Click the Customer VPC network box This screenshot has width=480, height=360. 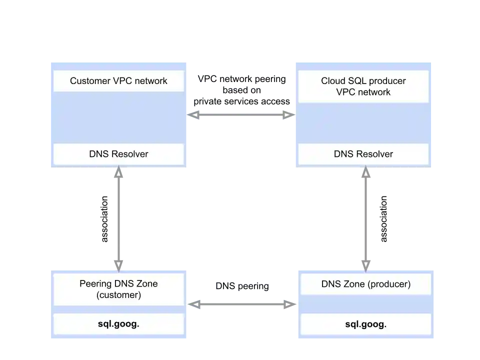coord(118,81)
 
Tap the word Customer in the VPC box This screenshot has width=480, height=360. coord(89,81)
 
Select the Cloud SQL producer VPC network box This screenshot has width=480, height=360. coord(363,86)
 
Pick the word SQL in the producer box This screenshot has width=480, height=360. coord(357,81)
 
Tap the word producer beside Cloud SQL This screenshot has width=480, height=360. coord(388,81)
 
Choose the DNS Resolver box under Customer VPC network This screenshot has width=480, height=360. coord(118,154)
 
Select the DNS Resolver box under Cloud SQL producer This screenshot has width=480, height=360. coord(363,154)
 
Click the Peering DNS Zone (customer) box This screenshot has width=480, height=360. coord(118,289)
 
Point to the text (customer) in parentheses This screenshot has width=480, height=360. coord(118,295)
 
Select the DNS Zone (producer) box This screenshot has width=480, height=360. coord(365,284)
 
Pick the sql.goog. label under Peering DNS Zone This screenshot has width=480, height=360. coord(118,324)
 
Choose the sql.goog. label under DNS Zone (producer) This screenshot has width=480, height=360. coord(365,324)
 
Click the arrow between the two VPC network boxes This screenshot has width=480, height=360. coord(240,115)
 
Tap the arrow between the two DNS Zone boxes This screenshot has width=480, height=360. coord(241,303)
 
